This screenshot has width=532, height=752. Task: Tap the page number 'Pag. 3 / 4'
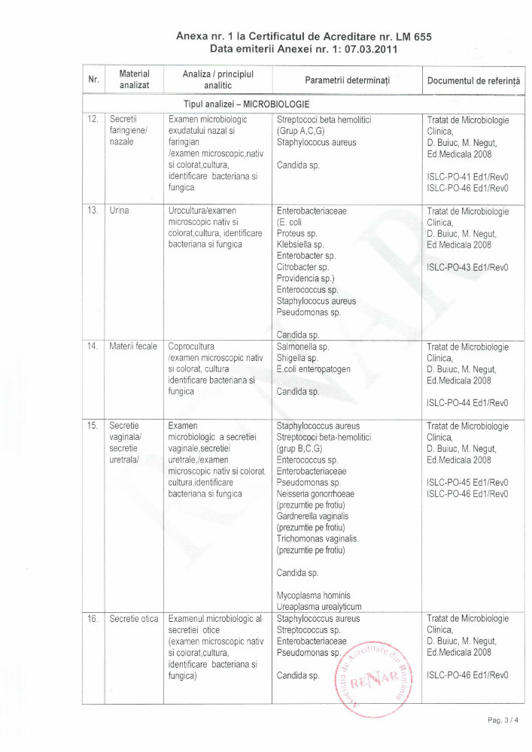click(x=503, y=720)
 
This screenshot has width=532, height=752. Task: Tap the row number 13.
click(x=93, y=211)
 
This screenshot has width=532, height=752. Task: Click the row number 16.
click(x=93, y=619)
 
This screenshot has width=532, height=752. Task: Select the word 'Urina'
click(x=119, y=211)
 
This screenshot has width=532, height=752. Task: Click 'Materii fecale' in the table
click(x=133, y=347)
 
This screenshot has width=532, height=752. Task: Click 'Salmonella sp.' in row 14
click(x=302, y=347)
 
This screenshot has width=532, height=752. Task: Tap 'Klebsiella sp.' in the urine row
click(x=299, y=244)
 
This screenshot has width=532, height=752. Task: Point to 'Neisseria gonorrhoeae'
click(x=315, y=493)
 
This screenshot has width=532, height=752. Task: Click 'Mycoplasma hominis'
click(x=313, y=595)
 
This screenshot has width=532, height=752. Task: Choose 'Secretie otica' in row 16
click(x=133, y=619)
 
